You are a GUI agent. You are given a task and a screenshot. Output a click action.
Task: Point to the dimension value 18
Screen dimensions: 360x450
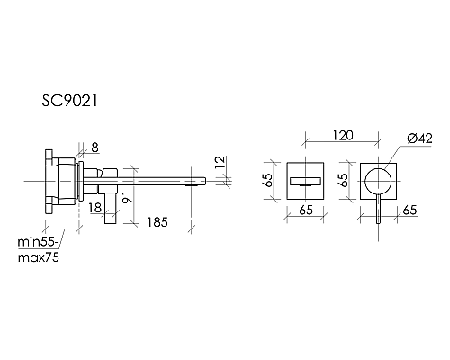(95, 208)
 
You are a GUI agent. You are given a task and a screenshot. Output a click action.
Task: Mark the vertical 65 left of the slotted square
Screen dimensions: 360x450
(268, 180)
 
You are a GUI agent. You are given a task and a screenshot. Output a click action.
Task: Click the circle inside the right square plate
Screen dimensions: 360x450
(377, 181)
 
